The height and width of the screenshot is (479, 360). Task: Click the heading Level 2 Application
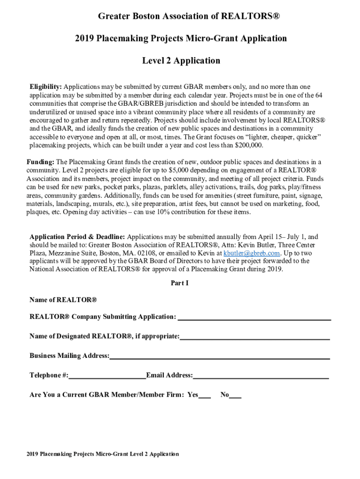pyautogui.click(x=181, y=61)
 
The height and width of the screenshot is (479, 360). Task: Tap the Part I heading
pyautogui.click(x=180, y=283)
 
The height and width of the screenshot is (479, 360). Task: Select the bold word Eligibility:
pyautogui.click(x=46, y=87)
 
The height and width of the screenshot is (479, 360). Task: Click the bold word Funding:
pyautogui.click(x=41, y=162)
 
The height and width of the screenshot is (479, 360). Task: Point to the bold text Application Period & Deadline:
pyautogui.click(x=77, y=237)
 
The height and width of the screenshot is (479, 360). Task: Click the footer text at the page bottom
pyautogui.click(x=102, y=454)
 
